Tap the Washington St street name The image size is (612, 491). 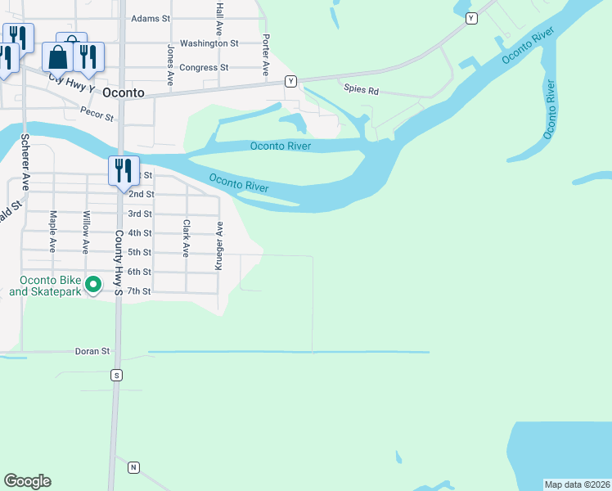click(209, 43)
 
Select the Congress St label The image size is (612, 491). click(204, 68)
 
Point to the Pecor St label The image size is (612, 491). click(97, 114)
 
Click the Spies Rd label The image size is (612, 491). click(361, 90)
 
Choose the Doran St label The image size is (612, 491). click(93, 351)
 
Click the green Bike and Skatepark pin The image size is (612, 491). click(93, 284)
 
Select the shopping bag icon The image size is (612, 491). click(58, 57)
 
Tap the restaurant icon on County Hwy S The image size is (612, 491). click(124, 171)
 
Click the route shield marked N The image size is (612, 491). click(133, 467)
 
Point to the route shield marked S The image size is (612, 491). click(117, 375)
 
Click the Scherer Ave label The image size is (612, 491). click(25, 162)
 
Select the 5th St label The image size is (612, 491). click(141, 252)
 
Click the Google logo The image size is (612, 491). click(27, 481)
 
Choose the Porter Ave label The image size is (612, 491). click(266, 56)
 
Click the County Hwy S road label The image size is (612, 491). click(119, 262)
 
